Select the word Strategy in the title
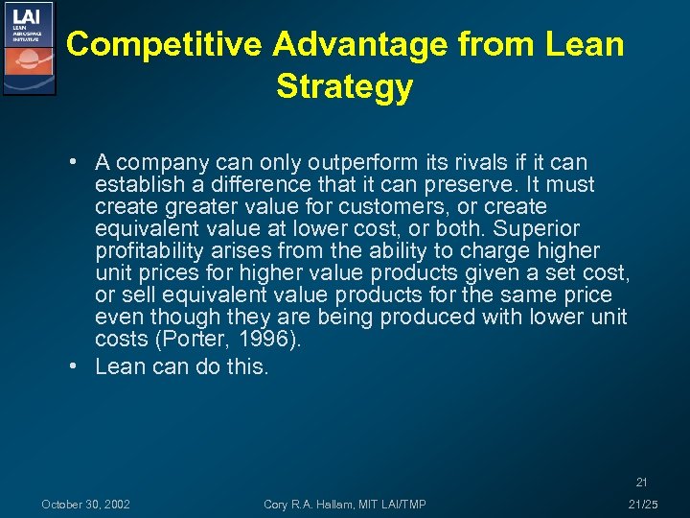[x=344, y=87]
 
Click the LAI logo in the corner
[x=29, y=47]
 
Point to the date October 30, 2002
[x=86, y=505]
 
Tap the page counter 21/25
[x=642, y=505]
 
